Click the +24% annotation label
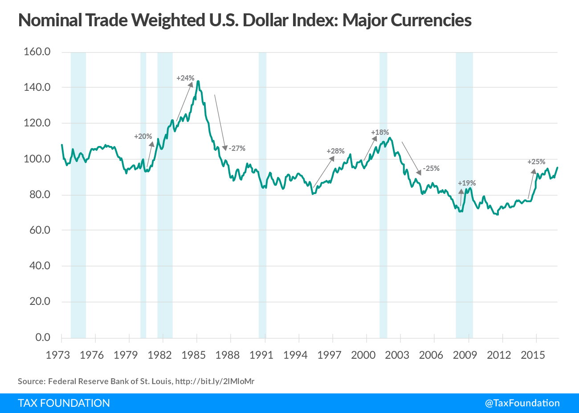coord(185,78)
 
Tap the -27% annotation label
coord(237,148)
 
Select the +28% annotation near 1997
coord(335,151)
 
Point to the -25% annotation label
coord(431,168)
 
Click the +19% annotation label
coord(467,183)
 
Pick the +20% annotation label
coord(143,136)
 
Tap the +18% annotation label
coord(380,132)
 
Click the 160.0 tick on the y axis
coord(37,52)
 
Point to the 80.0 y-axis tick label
coord(37,194)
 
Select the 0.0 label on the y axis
coord(43,337)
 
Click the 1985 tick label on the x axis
coord(193,355)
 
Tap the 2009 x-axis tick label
coord(465,355)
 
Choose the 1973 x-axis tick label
coord(58,355)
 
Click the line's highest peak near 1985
coord(198,81)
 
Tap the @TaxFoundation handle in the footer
coord(522,403)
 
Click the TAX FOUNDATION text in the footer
coord(64,403)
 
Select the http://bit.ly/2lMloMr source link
coord(215,381)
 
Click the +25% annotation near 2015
coord(536,162)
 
